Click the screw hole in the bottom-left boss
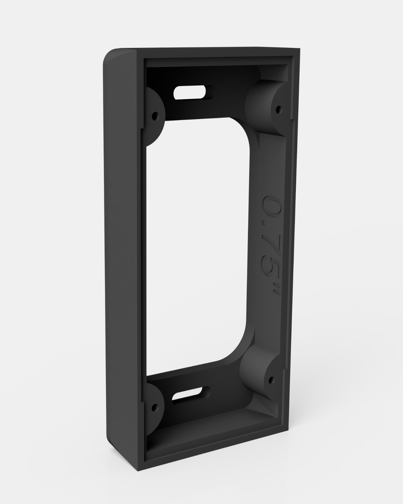tap(155, 407)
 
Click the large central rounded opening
tap(198, 244)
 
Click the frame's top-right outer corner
tap(300, 49)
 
